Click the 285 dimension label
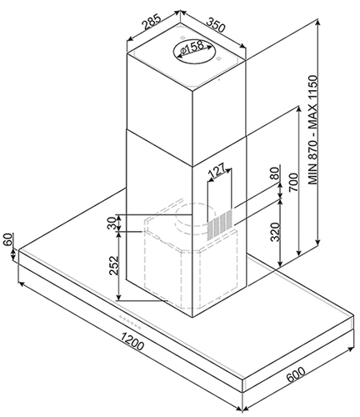152,22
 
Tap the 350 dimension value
216,24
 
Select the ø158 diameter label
192,48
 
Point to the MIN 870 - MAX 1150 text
313,129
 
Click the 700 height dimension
293,182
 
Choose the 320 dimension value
275,232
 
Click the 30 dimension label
112,223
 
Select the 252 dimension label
114,266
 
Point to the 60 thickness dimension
8,239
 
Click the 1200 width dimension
132,340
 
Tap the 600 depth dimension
296,374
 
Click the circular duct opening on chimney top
194,52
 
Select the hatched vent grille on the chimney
219,225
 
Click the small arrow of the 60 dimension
13,254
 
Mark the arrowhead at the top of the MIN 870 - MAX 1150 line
317,22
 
